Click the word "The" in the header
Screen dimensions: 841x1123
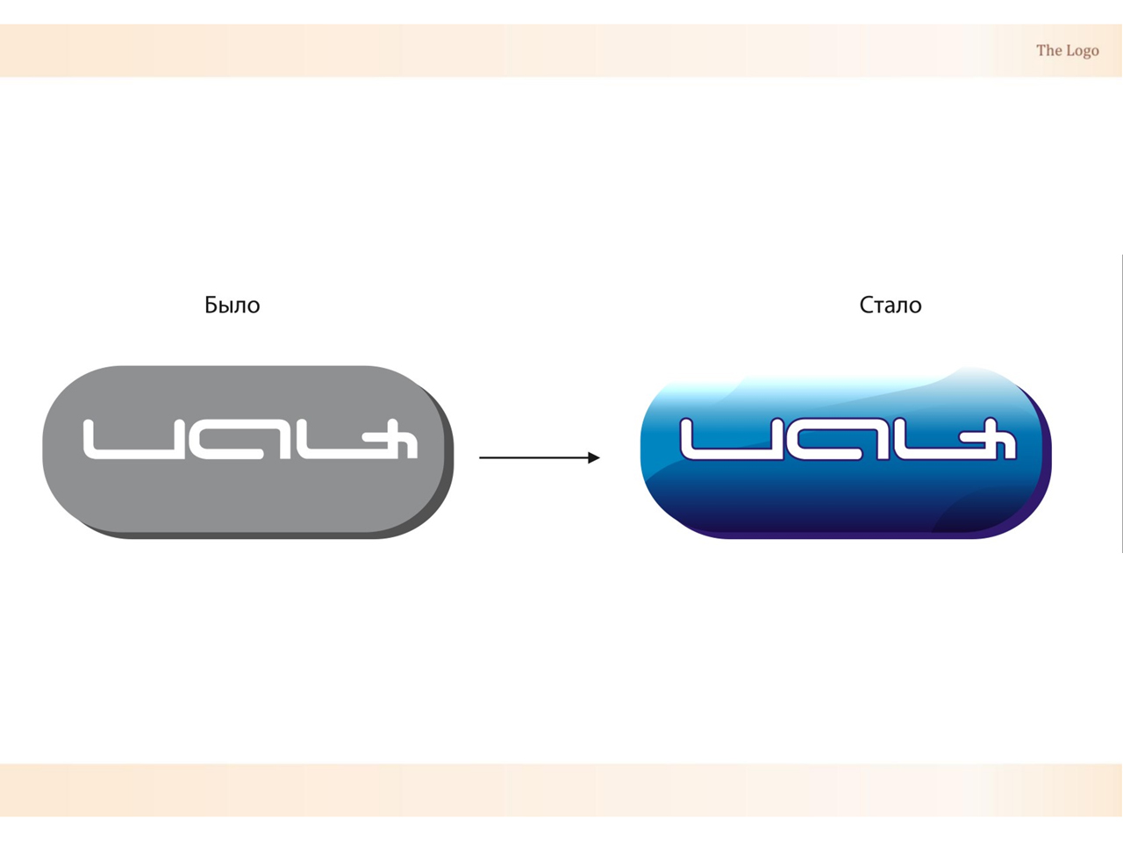pos(1048,51)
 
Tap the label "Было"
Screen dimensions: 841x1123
pos(232,305)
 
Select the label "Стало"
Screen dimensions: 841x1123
pos(890,305)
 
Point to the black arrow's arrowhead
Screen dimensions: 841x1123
pos(594,457)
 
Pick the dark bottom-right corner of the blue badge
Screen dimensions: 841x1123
pos(983,518)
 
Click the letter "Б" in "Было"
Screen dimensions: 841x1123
pos(211,305)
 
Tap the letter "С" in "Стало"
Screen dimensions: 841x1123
pos(866,305)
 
